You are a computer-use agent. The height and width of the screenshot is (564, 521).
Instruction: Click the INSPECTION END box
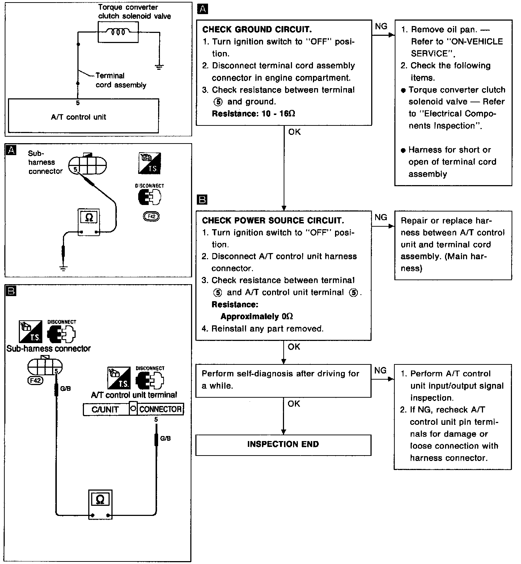[283, 444]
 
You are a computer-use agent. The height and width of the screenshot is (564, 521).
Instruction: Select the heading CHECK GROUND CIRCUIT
[257, 29]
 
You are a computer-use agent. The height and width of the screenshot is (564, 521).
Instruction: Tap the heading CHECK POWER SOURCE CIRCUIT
[273, 220]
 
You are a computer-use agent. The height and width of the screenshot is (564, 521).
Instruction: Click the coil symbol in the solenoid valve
[118, 32]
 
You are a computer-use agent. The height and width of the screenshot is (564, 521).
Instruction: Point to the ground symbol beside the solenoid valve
[159, 66]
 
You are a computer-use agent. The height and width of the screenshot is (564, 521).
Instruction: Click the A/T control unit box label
[79, 117]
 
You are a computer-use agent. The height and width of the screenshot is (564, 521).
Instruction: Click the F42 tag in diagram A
[151, 216]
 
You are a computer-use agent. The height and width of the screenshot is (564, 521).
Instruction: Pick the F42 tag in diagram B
[35, 380]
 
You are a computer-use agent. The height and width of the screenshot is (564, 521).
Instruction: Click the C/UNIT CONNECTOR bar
[133, 409]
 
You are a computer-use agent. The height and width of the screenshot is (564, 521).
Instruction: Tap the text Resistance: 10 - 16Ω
[253, 114]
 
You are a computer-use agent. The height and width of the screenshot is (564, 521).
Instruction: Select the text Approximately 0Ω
[257, 316]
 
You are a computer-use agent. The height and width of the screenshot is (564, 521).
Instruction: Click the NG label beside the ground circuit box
[381, 26]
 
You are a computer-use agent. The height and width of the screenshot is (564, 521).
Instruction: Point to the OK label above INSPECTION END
[294, 403]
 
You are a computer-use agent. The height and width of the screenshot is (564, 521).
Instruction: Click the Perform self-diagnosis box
[283, 380]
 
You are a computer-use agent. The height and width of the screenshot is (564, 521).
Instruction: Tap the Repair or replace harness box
[453, 245]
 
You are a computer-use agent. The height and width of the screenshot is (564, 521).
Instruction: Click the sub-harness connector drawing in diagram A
[88, 165]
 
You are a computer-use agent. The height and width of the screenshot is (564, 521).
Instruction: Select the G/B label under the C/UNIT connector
[165, 439]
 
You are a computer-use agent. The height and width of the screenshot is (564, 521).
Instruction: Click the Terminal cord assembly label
[120, 80]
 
